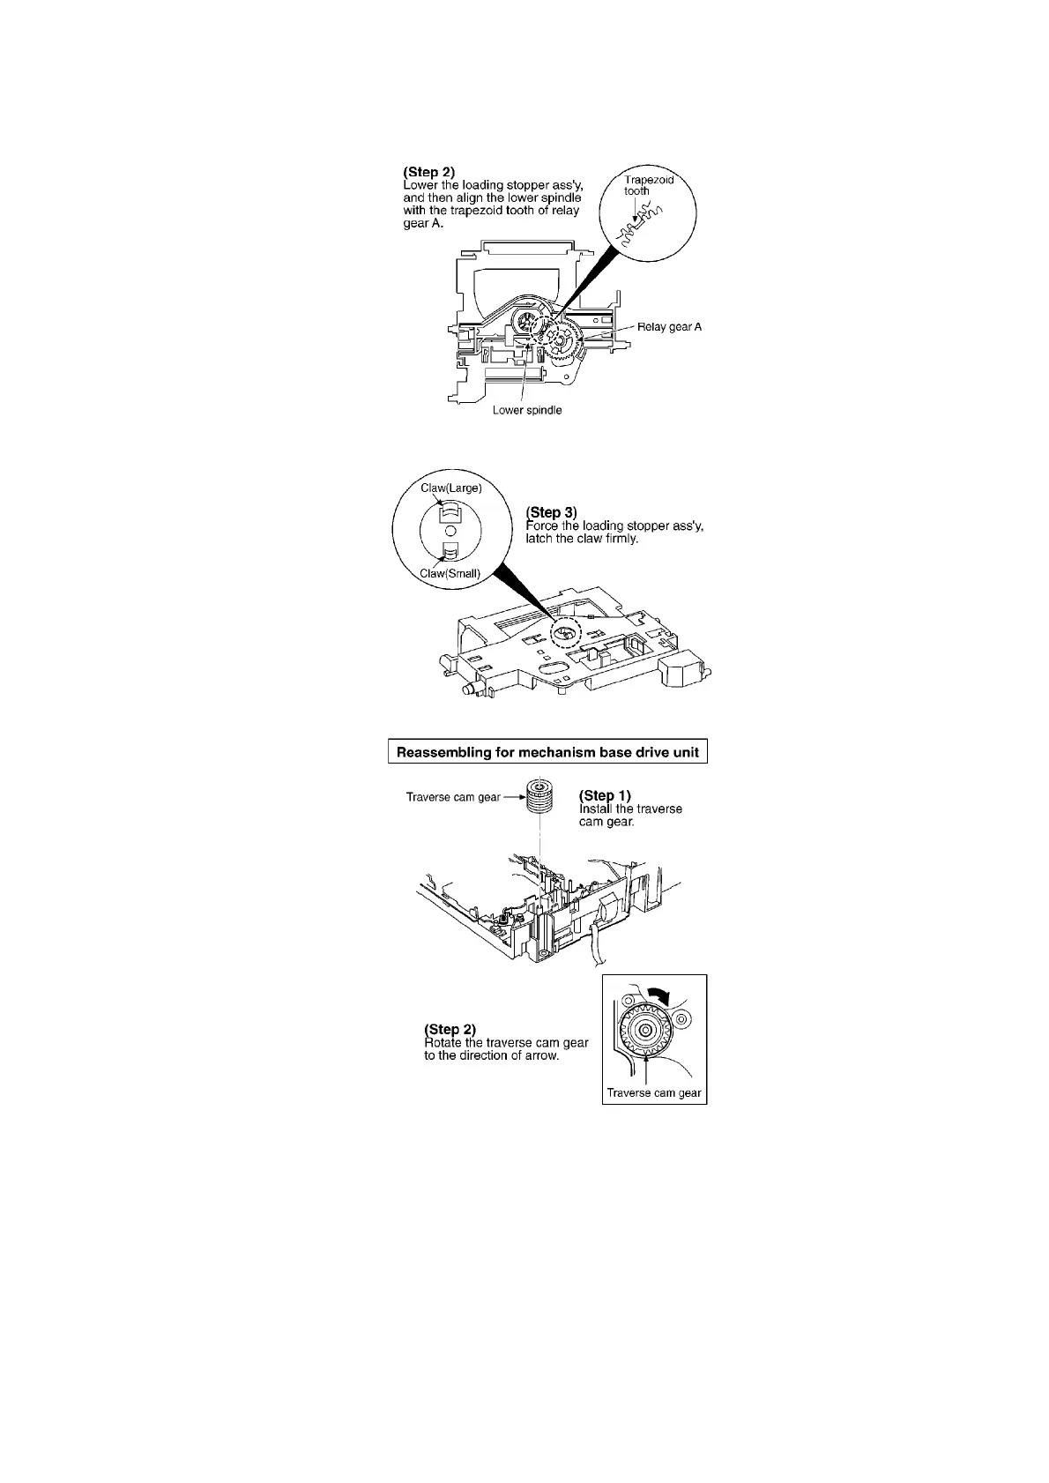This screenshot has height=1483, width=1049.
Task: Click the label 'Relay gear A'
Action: (669, 326)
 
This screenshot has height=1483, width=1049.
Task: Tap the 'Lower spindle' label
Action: (527, 410)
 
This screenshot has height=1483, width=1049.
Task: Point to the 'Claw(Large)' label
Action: (451, 488)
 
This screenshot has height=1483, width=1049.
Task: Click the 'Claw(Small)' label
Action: (450, 573)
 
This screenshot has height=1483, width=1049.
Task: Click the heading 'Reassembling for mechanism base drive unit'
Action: (547, 752)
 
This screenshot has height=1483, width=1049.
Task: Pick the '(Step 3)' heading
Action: (551, 511)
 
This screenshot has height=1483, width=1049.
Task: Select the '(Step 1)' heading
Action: (605, 795)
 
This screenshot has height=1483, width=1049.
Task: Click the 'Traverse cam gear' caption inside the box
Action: (654, 1093)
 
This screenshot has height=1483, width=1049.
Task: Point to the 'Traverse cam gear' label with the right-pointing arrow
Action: (453, 797)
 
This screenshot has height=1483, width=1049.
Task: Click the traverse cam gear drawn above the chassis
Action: (540, 799)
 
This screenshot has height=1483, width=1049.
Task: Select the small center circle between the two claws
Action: (450, 530)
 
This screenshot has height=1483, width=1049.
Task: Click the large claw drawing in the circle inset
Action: (450, 510)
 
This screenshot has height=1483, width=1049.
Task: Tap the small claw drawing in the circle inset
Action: (450, 550)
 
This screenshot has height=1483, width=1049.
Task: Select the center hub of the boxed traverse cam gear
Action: (645, 1030)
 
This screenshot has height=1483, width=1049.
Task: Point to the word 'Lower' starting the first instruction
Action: (420, 184)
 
